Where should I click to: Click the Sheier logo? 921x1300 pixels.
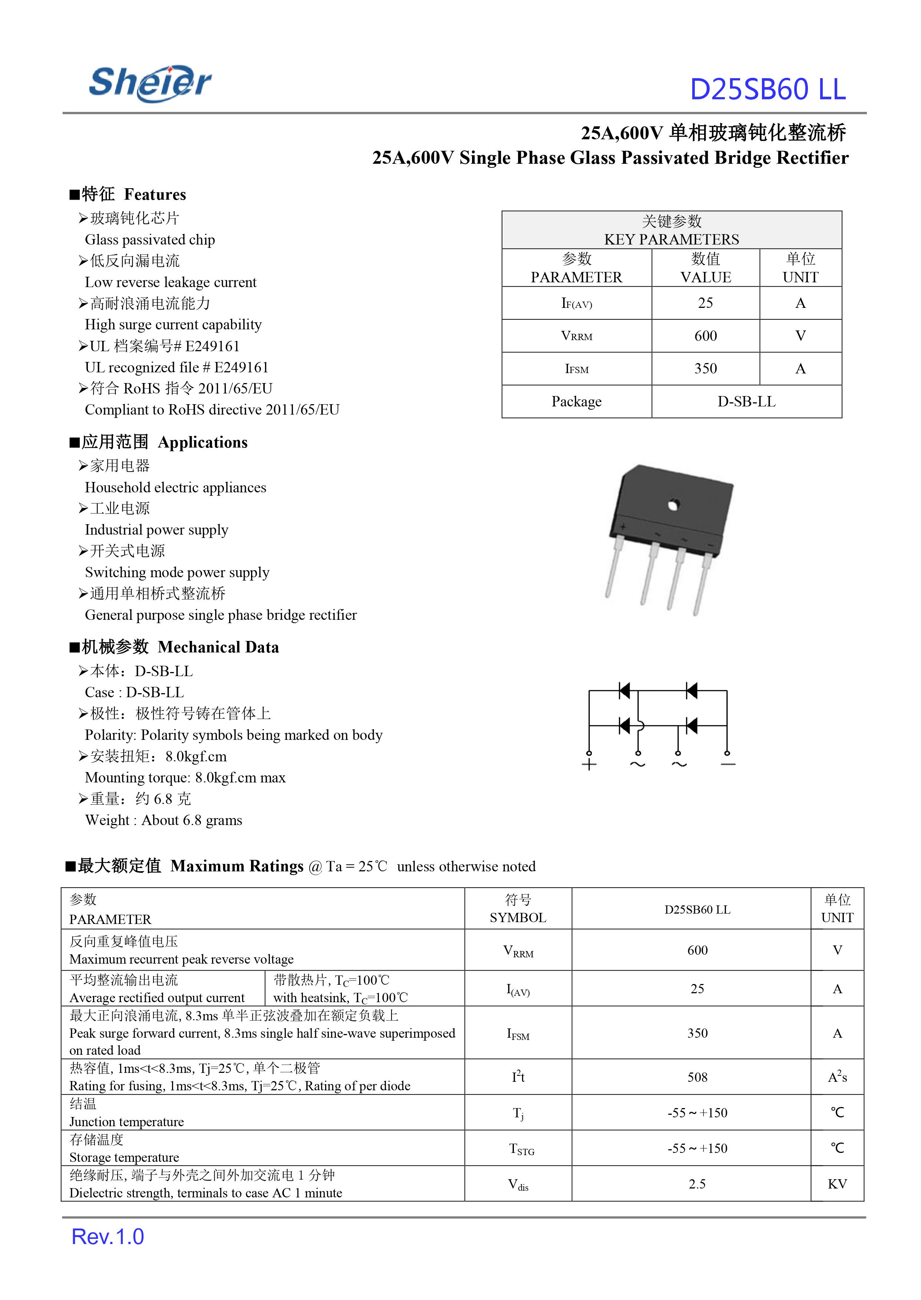coord(150,83)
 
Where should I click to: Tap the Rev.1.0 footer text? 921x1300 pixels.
coord(108,1237)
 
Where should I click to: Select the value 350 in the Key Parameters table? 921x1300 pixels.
coord(706,369)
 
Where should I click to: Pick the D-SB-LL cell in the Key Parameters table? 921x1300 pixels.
coord(746,402)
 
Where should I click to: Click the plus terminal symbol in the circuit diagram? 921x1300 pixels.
coord(589,765)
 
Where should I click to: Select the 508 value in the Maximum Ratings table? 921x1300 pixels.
coord(697,1077)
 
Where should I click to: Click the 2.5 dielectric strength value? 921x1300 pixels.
coord(697,1184)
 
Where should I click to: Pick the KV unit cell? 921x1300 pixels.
coord(837,1184)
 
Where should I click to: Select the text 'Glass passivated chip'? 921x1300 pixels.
coord(150,240)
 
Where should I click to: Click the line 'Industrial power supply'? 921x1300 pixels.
coord(156,530)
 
